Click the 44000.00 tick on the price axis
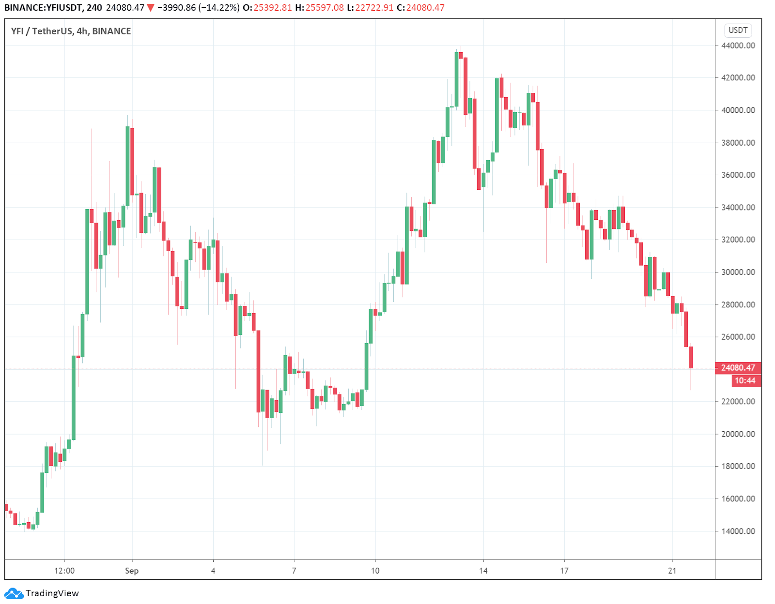(738, 45)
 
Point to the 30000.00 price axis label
(738, 272)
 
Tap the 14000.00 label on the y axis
(738, 531)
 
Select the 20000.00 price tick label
(738, 434)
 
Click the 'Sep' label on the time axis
(132, 571)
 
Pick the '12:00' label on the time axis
(64, 571)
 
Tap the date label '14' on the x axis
(483, 571)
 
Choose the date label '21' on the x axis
(672, 571)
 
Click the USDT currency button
(738, 30)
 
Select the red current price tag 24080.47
(738, 367)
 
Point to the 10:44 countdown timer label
(745, 380)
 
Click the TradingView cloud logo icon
(14, 593)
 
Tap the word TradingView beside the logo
(52, 593)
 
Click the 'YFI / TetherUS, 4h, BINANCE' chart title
(71, 31)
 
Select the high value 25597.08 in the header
(325, 7)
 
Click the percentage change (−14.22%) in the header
(219, 7)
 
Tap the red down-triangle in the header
(151, 8)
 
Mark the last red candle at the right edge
(690, 357)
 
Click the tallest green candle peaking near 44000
(456, 79)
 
